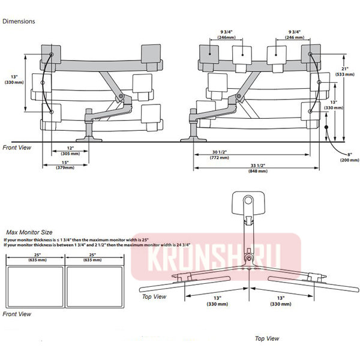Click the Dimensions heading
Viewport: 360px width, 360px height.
pos(19,21)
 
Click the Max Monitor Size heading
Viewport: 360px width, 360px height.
pos(28,231)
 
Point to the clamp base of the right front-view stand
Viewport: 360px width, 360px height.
pos(194,137)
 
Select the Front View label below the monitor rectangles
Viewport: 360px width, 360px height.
pos(17,314)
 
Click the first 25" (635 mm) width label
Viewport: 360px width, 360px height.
pos(34,259)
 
